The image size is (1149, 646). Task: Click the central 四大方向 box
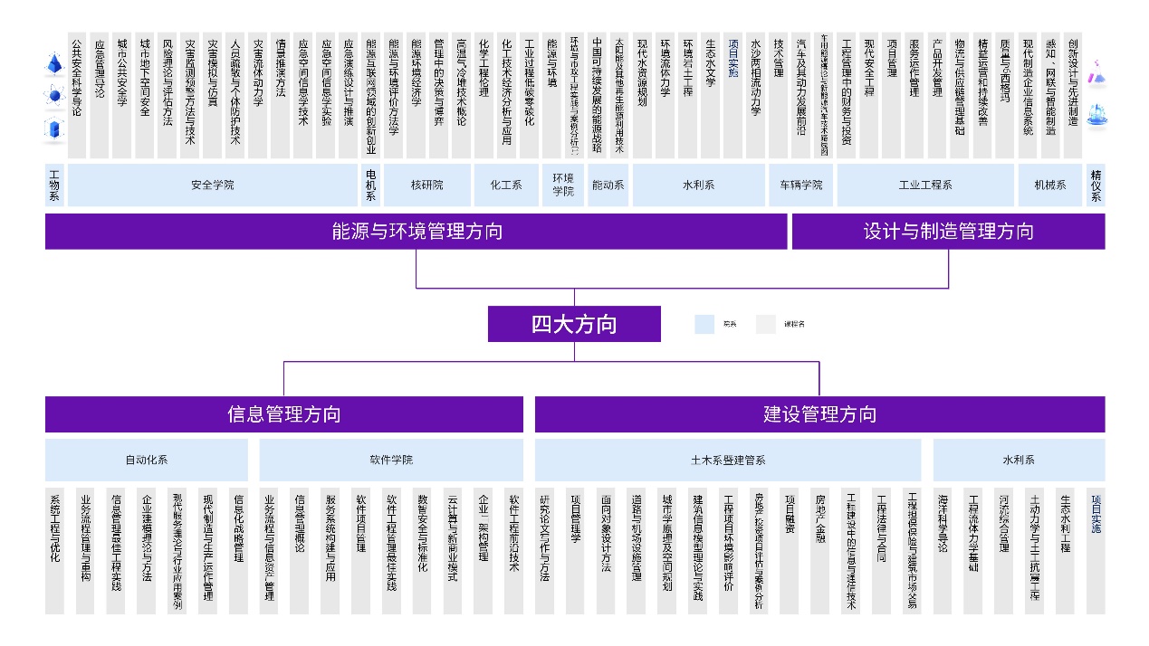[x=574, y=324]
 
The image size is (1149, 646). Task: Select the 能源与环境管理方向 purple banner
[x=416, y=232]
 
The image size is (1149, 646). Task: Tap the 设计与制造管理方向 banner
[x=948, y=232]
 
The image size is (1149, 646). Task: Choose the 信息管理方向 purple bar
[x=283, y=414]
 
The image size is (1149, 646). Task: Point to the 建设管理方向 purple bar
[x=819, y=414]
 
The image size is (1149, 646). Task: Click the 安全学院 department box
[x=213, y=185]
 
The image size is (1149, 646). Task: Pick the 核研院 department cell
[x=426, y=185]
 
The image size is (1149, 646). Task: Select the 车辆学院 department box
[x=800, y=185]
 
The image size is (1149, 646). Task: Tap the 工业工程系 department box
[x=924, y=185]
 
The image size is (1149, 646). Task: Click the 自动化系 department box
[x=147, y=460]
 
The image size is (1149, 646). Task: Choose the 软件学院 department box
[x=391, y=460]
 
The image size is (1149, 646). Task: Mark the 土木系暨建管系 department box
[x=728, y=460]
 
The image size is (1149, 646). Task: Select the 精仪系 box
[x=1096, y=185]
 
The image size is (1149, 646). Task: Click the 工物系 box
[x=54, y=185]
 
